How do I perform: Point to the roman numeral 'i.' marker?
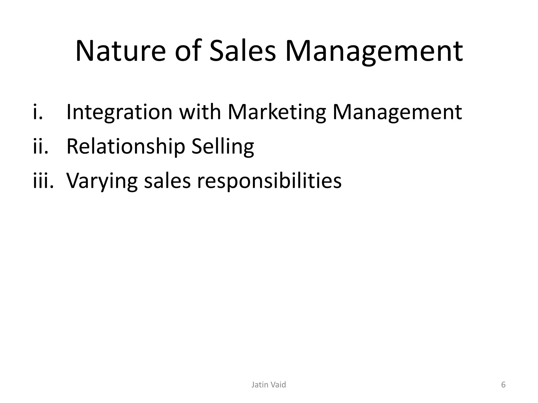pos(38,112)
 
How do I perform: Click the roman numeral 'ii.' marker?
pos(41,147)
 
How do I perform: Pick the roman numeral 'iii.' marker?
pos(43,181)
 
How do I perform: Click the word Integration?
pos(119,112)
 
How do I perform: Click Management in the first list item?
pos(397,112)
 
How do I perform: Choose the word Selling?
pos(223,147)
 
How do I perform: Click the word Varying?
pos(102,181)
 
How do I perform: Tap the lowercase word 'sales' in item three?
pos(167,181)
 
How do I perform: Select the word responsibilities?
pos(269,181)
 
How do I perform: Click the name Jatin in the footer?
pos(260,385)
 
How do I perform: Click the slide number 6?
pos(503,385)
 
